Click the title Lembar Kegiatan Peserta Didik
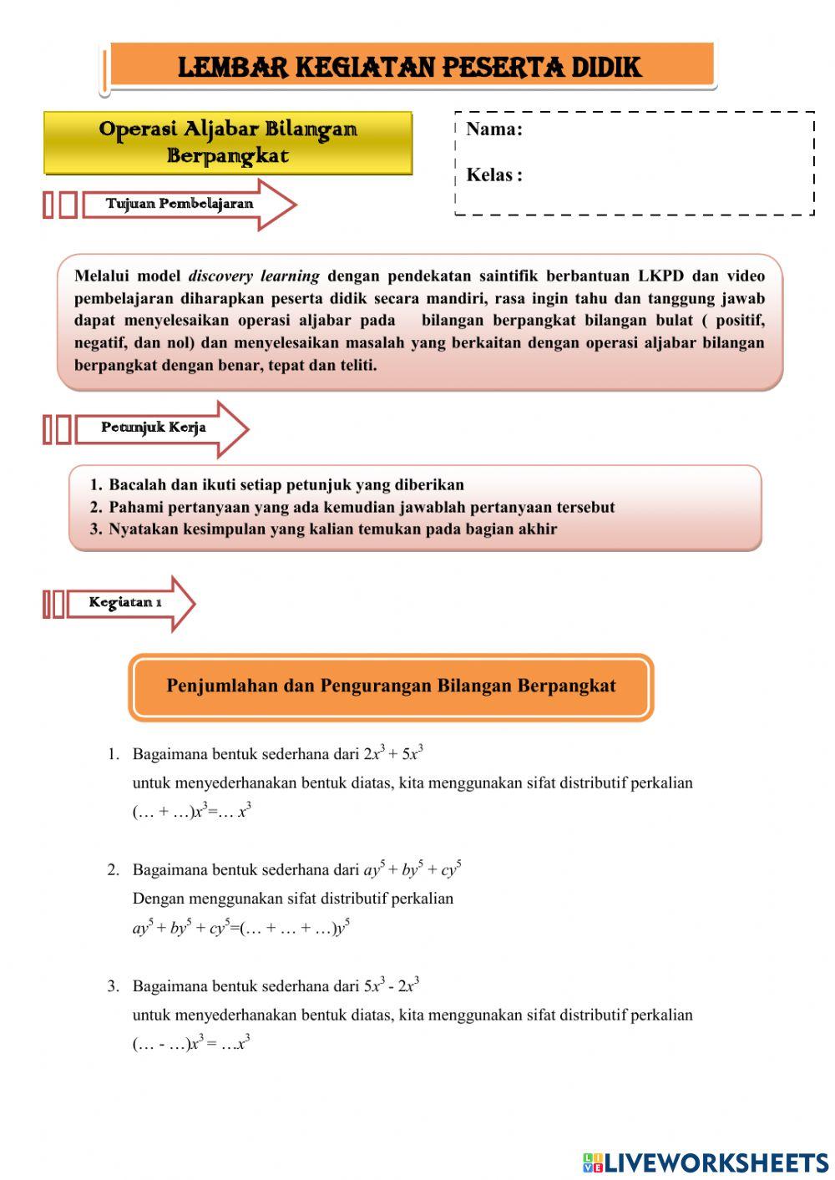[409, 67]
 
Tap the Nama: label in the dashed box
[493, 129]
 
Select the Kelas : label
[493, 175]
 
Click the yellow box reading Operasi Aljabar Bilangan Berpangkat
[228, 143]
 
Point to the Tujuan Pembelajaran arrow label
[179, 204]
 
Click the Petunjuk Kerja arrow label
[154, 428]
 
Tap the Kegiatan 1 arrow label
[125, 602]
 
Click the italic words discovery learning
[254, 276]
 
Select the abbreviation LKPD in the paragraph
[661, 276]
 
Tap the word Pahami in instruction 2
[136, 507]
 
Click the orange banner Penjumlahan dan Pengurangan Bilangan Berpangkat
[391, 686]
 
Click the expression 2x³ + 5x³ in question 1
[393, 753]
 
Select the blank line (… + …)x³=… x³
[192, 811]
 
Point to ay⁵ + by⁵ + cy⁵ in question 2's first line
[412, 869]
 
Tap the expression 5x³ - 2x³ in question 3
[392, 985]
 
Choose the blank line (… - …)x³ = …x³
[191, 1043]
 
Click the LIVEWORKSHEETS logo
[706, 1162]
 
